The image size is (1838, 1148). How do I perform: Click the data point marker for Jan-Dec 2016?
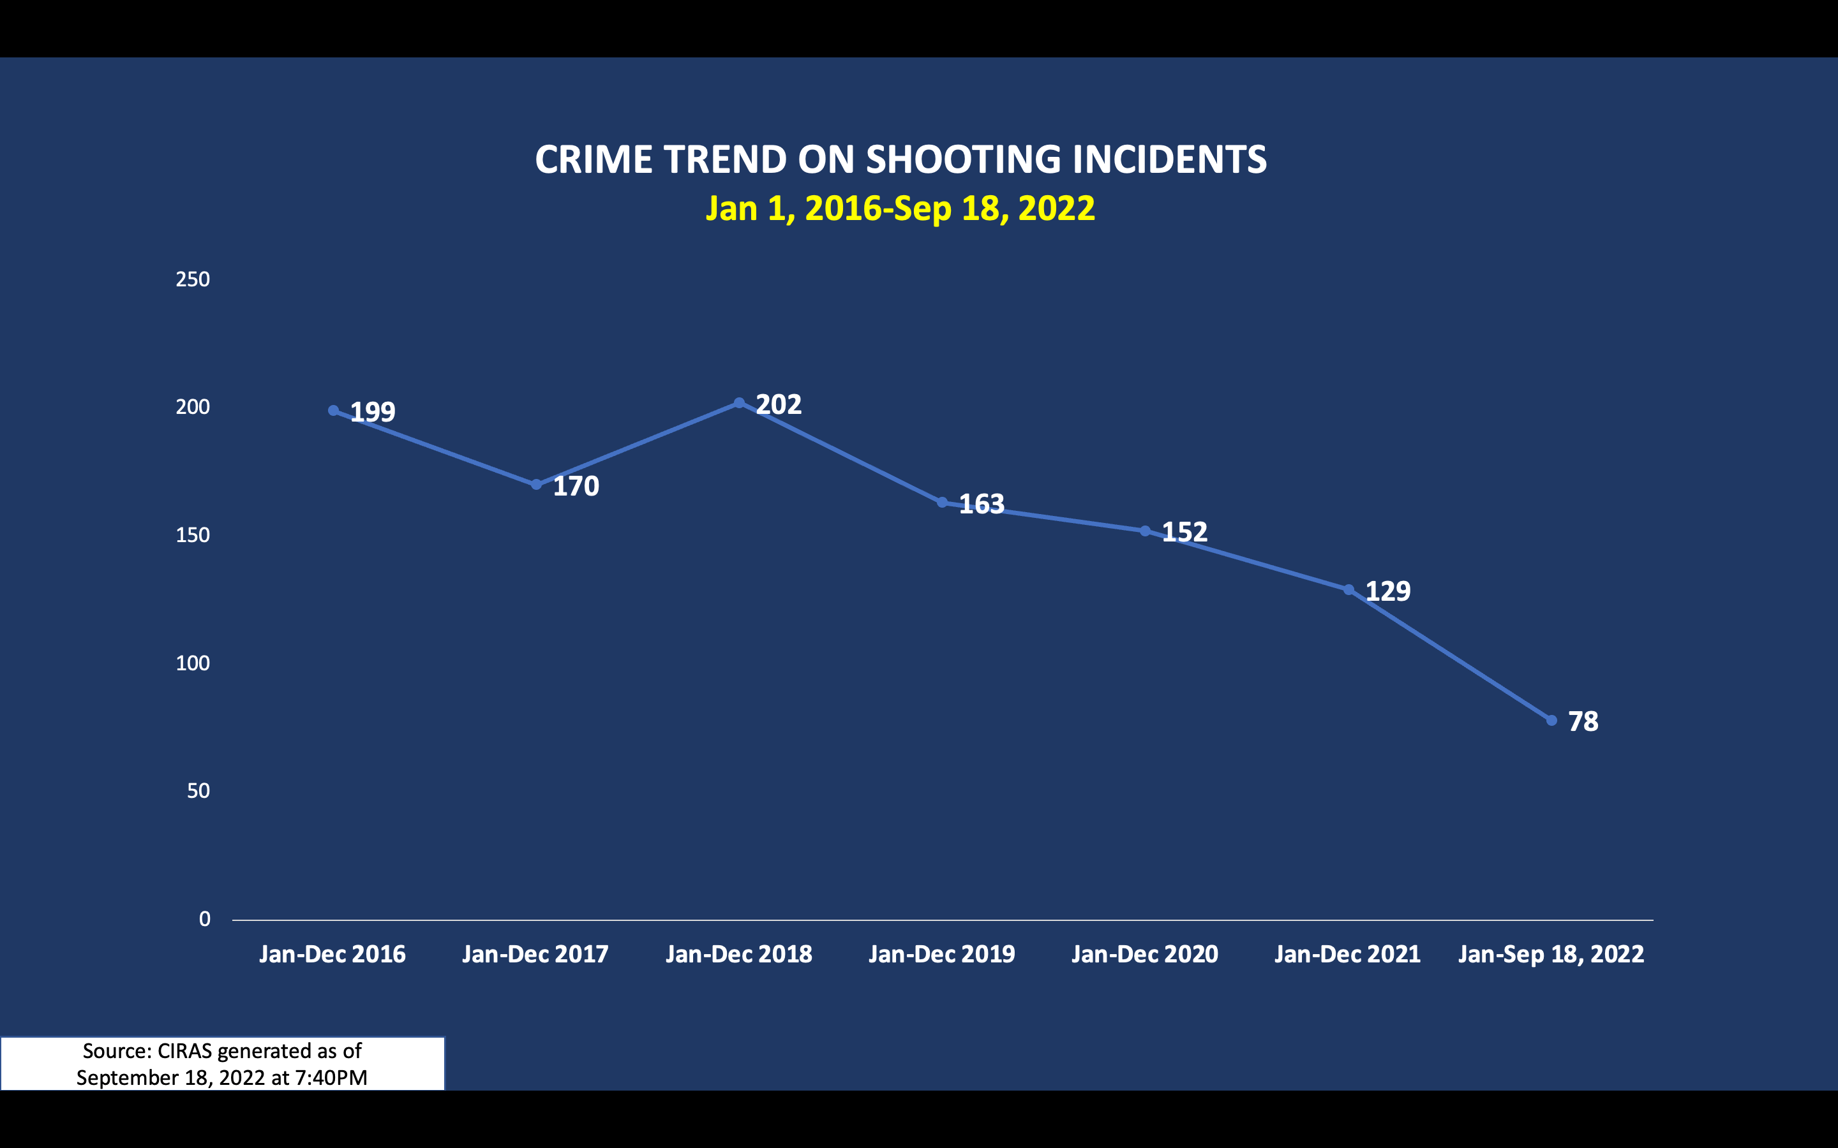click(x=333, y=411)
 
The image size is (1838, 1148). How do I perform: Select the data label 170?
click(x=576, y=486)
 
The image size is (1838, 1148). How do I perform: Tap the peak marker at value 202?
click(x=739, y=403)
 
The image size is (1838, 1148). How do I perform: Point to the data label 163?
click(x=982, y=504)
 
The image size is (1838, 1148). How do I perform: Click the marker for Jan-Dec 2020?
click(x=1146, y=531)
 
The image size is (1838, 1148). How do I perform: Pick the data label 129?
click(x=1387, y=591)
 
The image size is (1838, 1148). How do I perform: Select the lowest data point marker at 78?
click(x=1551, y=721)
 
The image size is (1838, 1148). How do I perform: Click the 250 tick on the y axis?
click(x=193, y=279)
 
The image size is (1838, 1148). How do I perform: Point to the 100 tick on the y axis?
click(x=193, y=663)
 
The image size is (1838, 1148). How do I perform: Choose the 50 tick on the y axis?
click(x=198, y=791)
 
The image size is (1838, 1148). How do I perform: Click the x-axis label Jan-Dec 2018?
click(x=739, y=954)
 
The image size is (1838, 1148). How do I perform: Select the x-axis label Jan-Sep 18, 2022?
click(x=1551, y=954)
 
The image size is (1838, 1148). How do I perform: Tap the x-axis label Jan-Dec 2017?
click(x=535, y=954)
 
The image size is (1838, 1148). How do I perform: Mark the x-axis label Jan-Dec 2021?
click(x=1347, y=954)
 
